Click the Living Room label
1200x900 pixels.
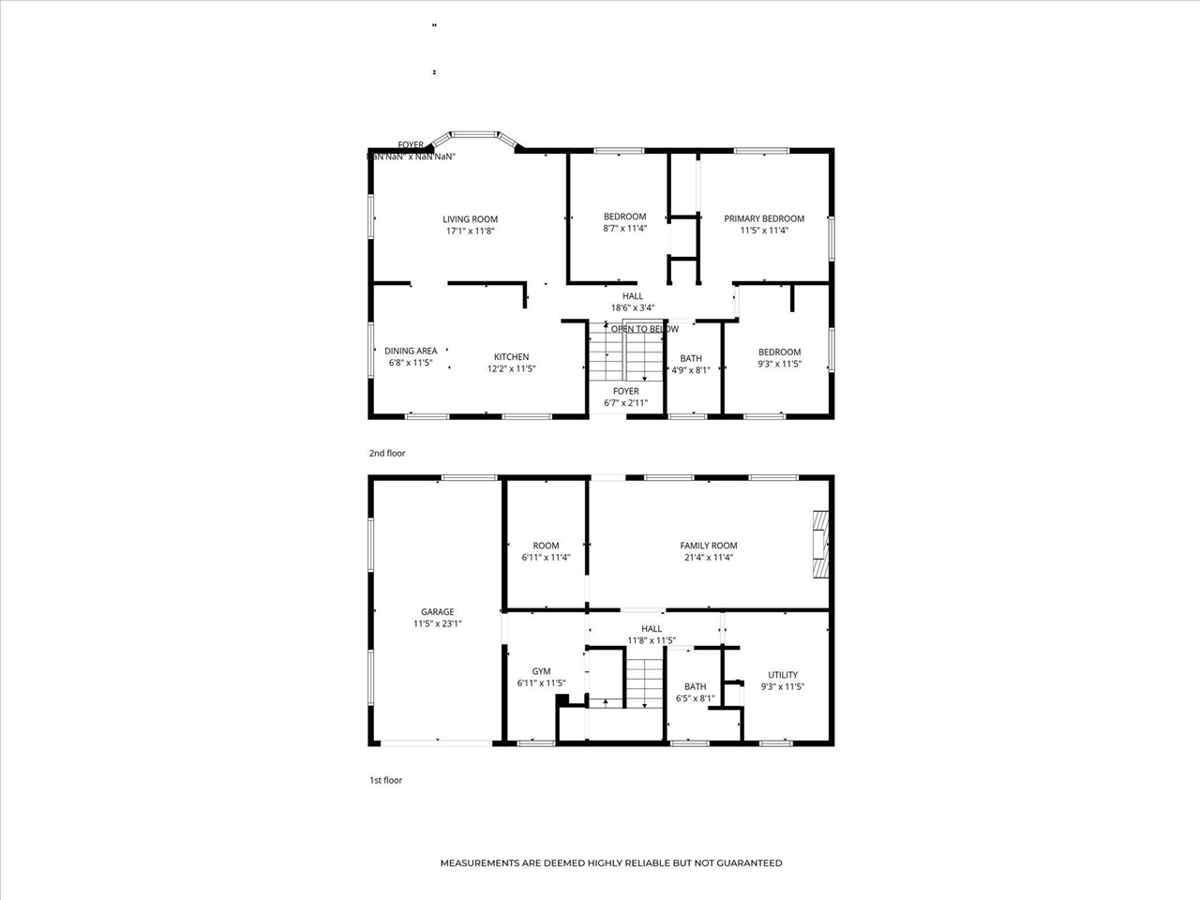[x=470, y=219]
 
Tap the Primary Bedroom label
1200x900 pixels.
[x=764, y=218]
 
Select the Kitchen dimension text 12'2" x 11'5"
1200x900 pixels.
[x=511, y=369]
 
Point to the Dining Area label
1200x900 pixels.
[x=411, y=351]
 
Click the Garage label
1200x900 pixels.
[x=437, y=612]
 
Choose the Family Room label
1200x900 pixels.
[x=709, y=546]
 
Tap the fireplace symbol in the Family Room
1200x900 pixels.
[x=821, y=545]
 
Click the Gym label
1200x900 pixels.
[x=541, y=671]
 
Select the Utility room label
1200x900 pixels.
[x=783, y=674]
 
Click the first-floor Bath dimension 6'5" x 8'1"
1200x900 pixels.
[x=696, y=698]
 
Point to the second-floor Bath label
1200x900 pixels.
[x=691, y=358]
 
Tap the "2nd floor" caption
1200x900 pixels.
[x=387, y=454]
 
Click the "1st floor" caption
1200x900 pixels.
[x=385, y=780]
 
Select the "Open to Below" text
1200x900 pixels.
[x=645, y=329]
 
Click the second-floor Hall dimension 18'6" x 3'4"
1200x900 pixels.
[x=633, y=307]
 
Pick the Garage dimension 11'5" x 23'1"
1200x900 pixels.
[x=438, y=624]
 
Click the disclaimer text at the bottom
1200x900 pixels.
[x=611, y=863]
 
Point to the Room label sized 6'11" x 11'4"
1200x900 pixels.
[x=546, y=546]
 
